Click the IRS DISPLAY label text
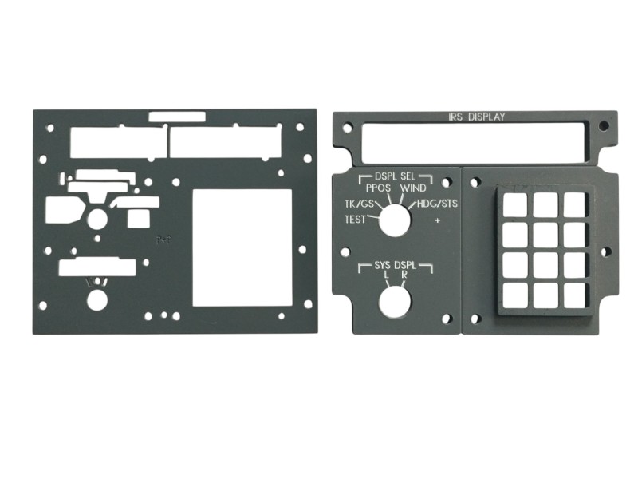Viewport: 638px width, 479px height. point(476,117)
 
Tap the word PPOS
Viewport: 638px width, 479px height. point(378,188)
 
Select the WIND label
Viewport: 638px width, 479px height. point(413,188)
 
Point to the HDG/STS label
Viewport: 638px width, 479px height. point(437,204)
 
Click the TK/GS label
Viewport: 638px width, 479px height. point(359,204)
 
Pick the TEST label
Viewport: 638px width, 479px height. point(355,220)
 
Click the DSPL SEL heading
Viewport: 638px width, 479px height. point(395,176)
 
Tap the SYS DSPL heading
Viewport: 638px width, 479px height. point(395,266)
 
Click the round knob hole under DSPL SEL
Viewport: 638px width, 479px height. point(394,220)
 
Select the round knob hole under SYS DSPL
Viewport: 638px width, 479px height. point(394,303)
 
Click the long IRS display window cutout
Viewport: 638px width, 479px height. point(473,141)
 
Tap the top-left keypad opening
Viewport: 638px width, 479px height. point(515,204)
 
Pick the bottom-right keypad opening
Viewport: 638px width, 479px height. point(575,295)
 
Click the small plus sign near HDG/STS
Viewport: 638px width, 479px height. point(438,221)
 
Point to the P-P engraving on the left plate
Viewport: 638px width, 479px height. point(164,240)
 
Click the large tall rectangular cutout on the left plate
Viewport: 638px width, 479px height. point(242,248)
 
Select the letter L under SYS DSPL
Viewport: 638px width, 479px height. point(387,275)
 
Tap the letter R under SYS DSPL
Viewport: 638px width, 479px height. point(404,275)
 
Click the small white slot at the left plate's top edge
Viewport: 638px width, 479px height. point(177,117)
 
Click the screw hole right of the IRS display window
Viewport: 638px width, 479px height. point(604,125)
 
